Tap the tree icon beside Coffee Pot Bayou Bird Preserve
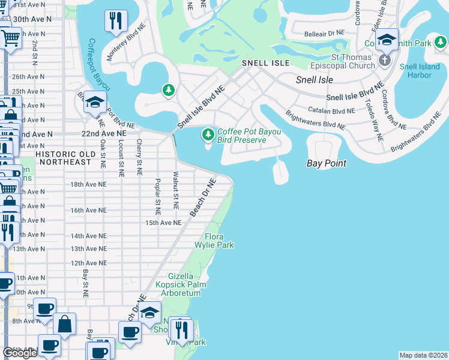coord(208,133)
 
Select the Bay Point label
coord(327,163)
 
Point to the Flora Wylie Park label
coord(214,241)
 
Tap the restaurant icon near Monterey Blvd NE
coord(115,21)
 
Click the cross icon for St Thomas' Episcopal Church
coord(385,60)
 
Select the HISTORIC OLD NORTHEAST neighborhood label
coord(63,158)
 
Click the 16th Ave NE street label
coord(88,211)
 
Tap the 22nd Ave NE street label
coord(106,134)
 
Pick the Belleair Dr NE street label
coord(325,32)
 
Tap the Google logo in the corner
coord(20,353)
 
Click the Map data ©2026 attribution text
coord(423,355)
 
